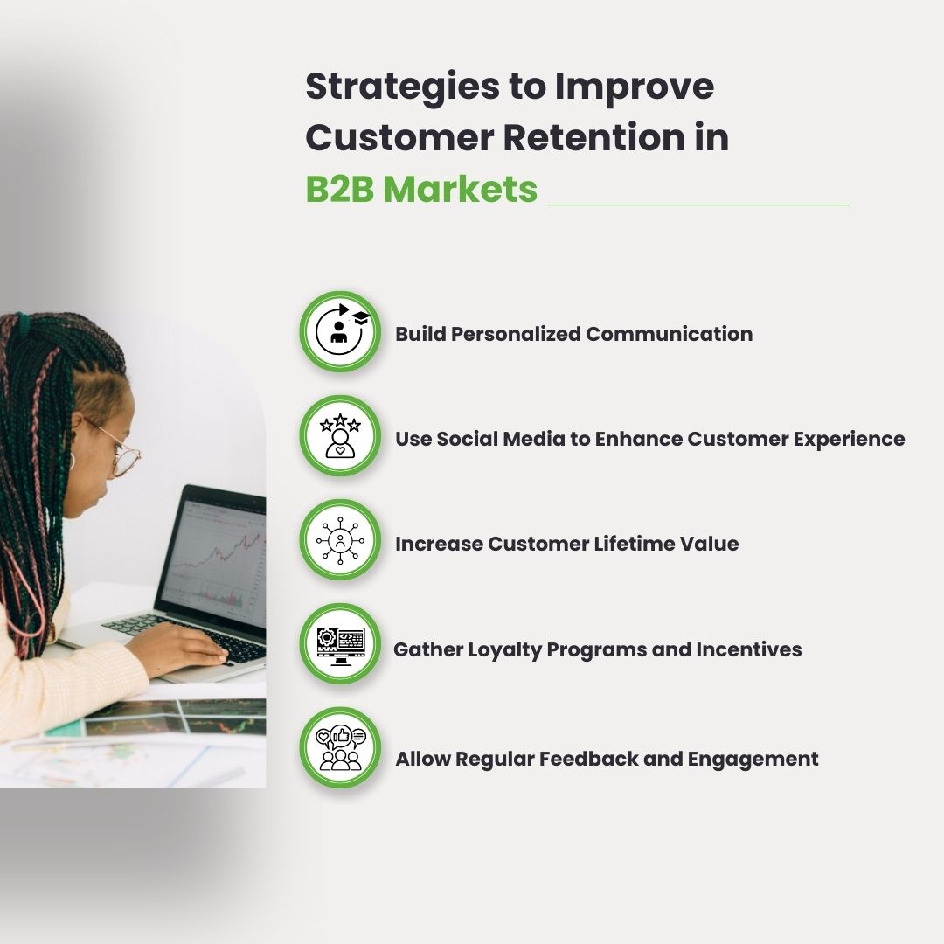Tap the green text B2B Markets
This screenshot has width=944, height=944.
[x=421, y=189]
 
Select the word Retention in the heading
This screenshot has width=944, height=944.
[x=593, y=137]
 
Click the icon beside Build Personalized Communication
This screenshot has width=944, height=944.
[x=340, y=332]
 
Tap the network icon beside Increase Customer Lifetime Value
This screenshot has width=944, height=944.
[x=340, y=540]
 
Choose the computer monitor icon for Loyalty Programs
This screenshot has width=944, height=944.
[x=340, y=644]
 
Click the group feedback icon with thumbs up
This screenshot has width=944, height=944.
[x=340, y=748]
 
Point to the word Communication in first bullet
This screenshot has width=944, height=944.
[x=669, y=334]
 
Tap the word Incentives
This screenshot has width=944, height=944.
[x=749, y=649]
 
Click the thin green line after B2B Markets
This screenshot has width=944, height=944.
[x=698, y=205]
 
